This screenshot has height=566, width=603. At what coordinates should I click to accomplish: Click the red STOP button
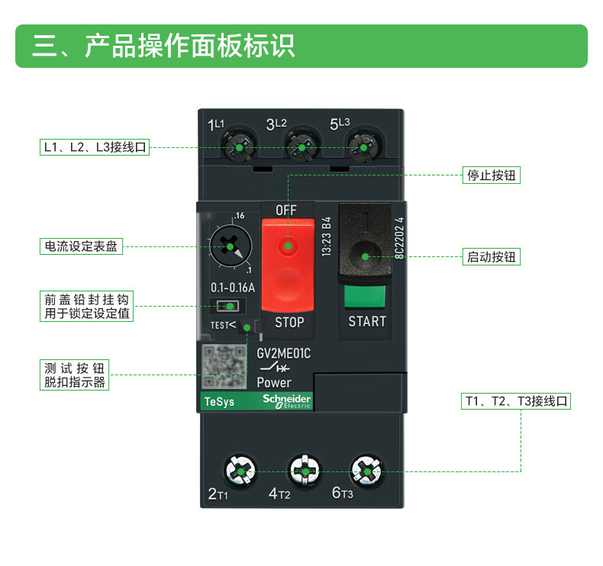(x=288, y=263)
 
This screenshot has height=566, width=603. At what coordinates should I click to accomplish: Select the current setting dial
(x=228, y=246)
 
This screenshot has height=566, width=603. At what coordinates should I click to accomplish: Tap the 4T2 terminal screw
(x=305, y=473)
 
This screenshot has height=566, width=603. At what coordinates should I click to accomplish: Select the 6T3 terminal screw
(x=367, y=473)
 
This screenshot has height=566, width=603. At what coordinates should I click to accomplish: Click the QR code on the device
(x=225, y=368)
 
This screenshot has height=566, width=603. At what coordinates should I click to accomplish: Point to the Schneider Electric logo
(x=286, y=401)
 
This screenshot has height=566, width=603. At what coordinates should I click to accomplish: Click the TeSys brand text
(x=219, y=402)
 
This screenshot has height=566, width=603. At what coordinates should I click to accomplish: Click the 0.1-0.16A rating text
(x=232, y=288)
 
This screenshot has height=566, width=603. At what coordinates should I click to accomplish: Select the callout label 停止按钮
(x=492, y=175)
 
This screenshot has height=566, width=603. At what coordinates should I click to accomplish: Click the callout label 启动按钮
(x=492, y=257)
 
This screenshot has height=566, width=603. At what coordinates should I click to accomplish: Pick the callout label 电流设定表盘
(x=81, y=246)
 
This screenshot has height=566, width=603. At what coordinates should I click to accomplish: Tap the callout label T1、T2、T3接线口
(x=517, y=401)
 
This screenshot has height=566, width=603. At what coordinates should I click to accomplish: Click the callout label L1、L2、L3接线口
(x=95, y=147)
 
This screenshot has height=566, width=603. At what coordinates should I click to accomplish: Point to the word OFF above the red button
(x=286, y=209)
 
